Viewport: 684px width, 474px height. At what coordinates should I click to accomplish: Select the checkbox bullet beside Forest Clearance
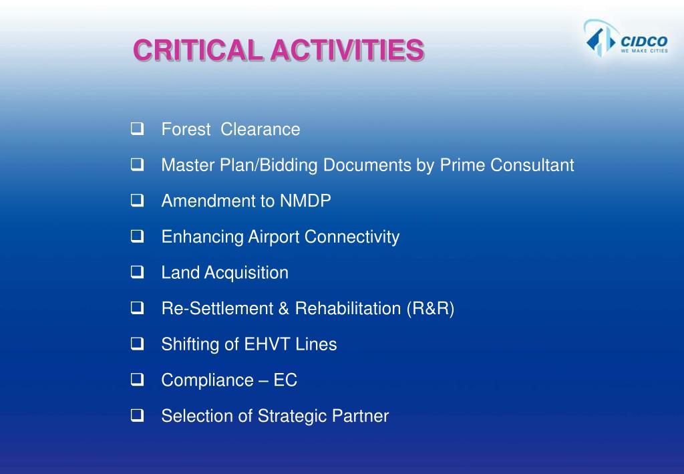(137, 129)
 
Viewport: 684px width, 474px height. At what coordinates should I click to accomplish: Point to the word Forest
(186, 130)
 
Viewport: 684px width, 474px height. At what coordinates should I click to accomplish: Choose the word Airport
(274, 237)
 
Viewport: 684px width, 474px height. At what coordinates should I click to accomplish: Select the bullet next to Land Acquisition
(137, 272)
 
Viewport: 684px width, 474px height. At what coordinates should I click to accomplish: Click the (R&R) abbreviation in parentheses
(430, 309)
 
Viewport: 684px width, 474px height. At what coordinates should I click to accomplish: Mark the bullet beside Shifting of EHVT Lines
(137, 344)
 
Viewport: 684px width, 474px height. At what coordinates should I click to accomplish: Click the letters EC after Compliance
(285, 380)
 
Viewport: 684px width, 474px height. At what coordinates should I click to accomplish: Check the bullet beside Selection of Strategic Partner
(137, 416)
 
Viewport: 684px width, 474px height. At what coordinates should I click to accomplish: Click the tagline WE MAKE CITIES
(644, 50)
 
